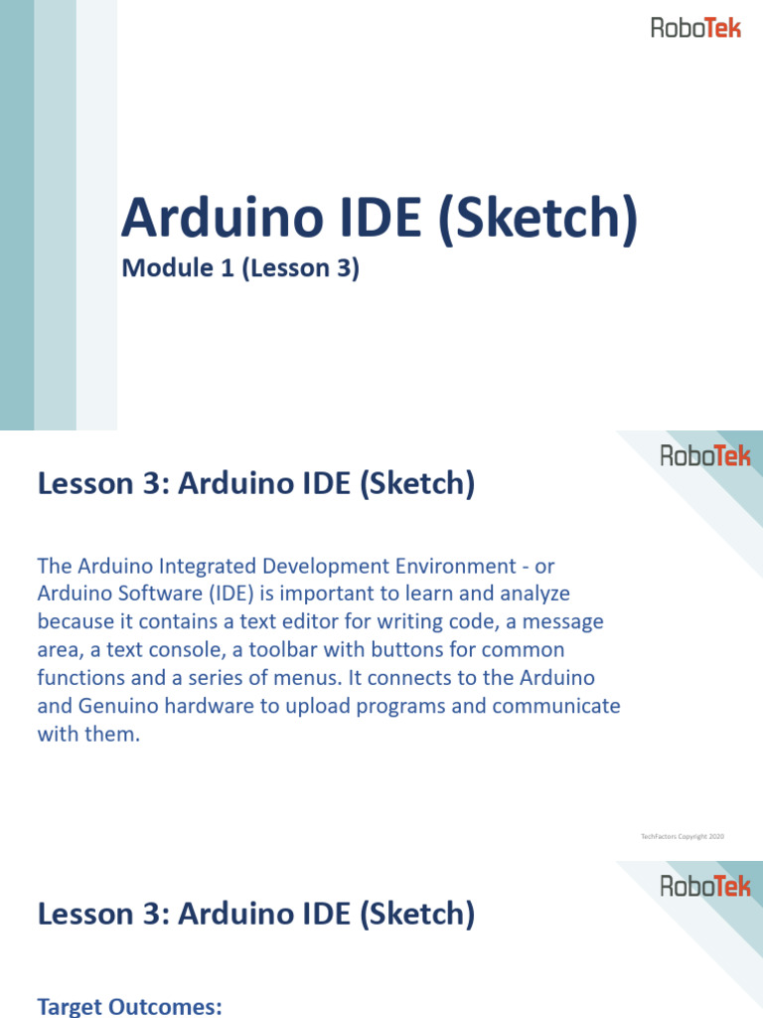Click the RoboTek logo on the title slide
coord(695,28)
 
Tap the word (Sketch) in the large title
coord(537,219)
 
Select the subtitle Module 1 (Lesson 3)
coord(239,268)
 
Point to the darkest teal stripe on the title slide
coord(16,215)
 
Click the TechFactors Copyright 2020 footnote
coord(683,837)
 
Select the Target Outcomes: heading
coord(129,1007)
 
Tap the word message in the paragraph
coord(562,621)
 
